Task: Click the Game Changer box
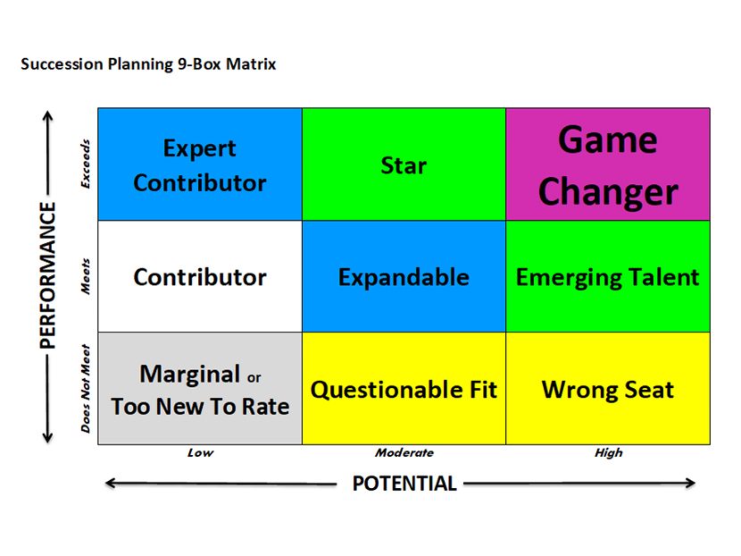click(x=608, y=164)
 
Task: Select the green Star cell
click(x=404, y=164)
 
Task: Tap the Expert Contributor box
click(x=200, y=164)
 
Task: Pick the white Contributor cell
click(x=200, y=276)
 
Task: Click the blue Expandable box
click(x=404, y=276)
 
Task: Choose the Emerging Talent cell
click(x=608, y=276)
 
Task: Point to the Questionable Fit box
click(x=404, y=389)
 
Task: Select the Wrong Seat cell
click(x=608, y=389)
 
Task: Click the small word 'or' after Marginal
click(x=254, y=377)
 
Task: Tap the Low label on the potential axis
click(x=200, y=453)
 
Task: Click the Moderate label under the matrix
click(x=404, y=453)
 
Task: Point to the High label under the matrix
click(x=608, y=453)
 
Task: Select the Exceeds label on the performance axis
click(x=86, y=164)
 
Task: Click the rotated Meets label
click(x=86, y=276)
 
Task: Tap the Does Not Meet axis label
click(x=86, y=389)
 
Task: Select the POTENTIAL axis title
click(x=404, y=484)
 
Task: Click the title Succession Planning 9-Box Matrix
click(x=148, y=64)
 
